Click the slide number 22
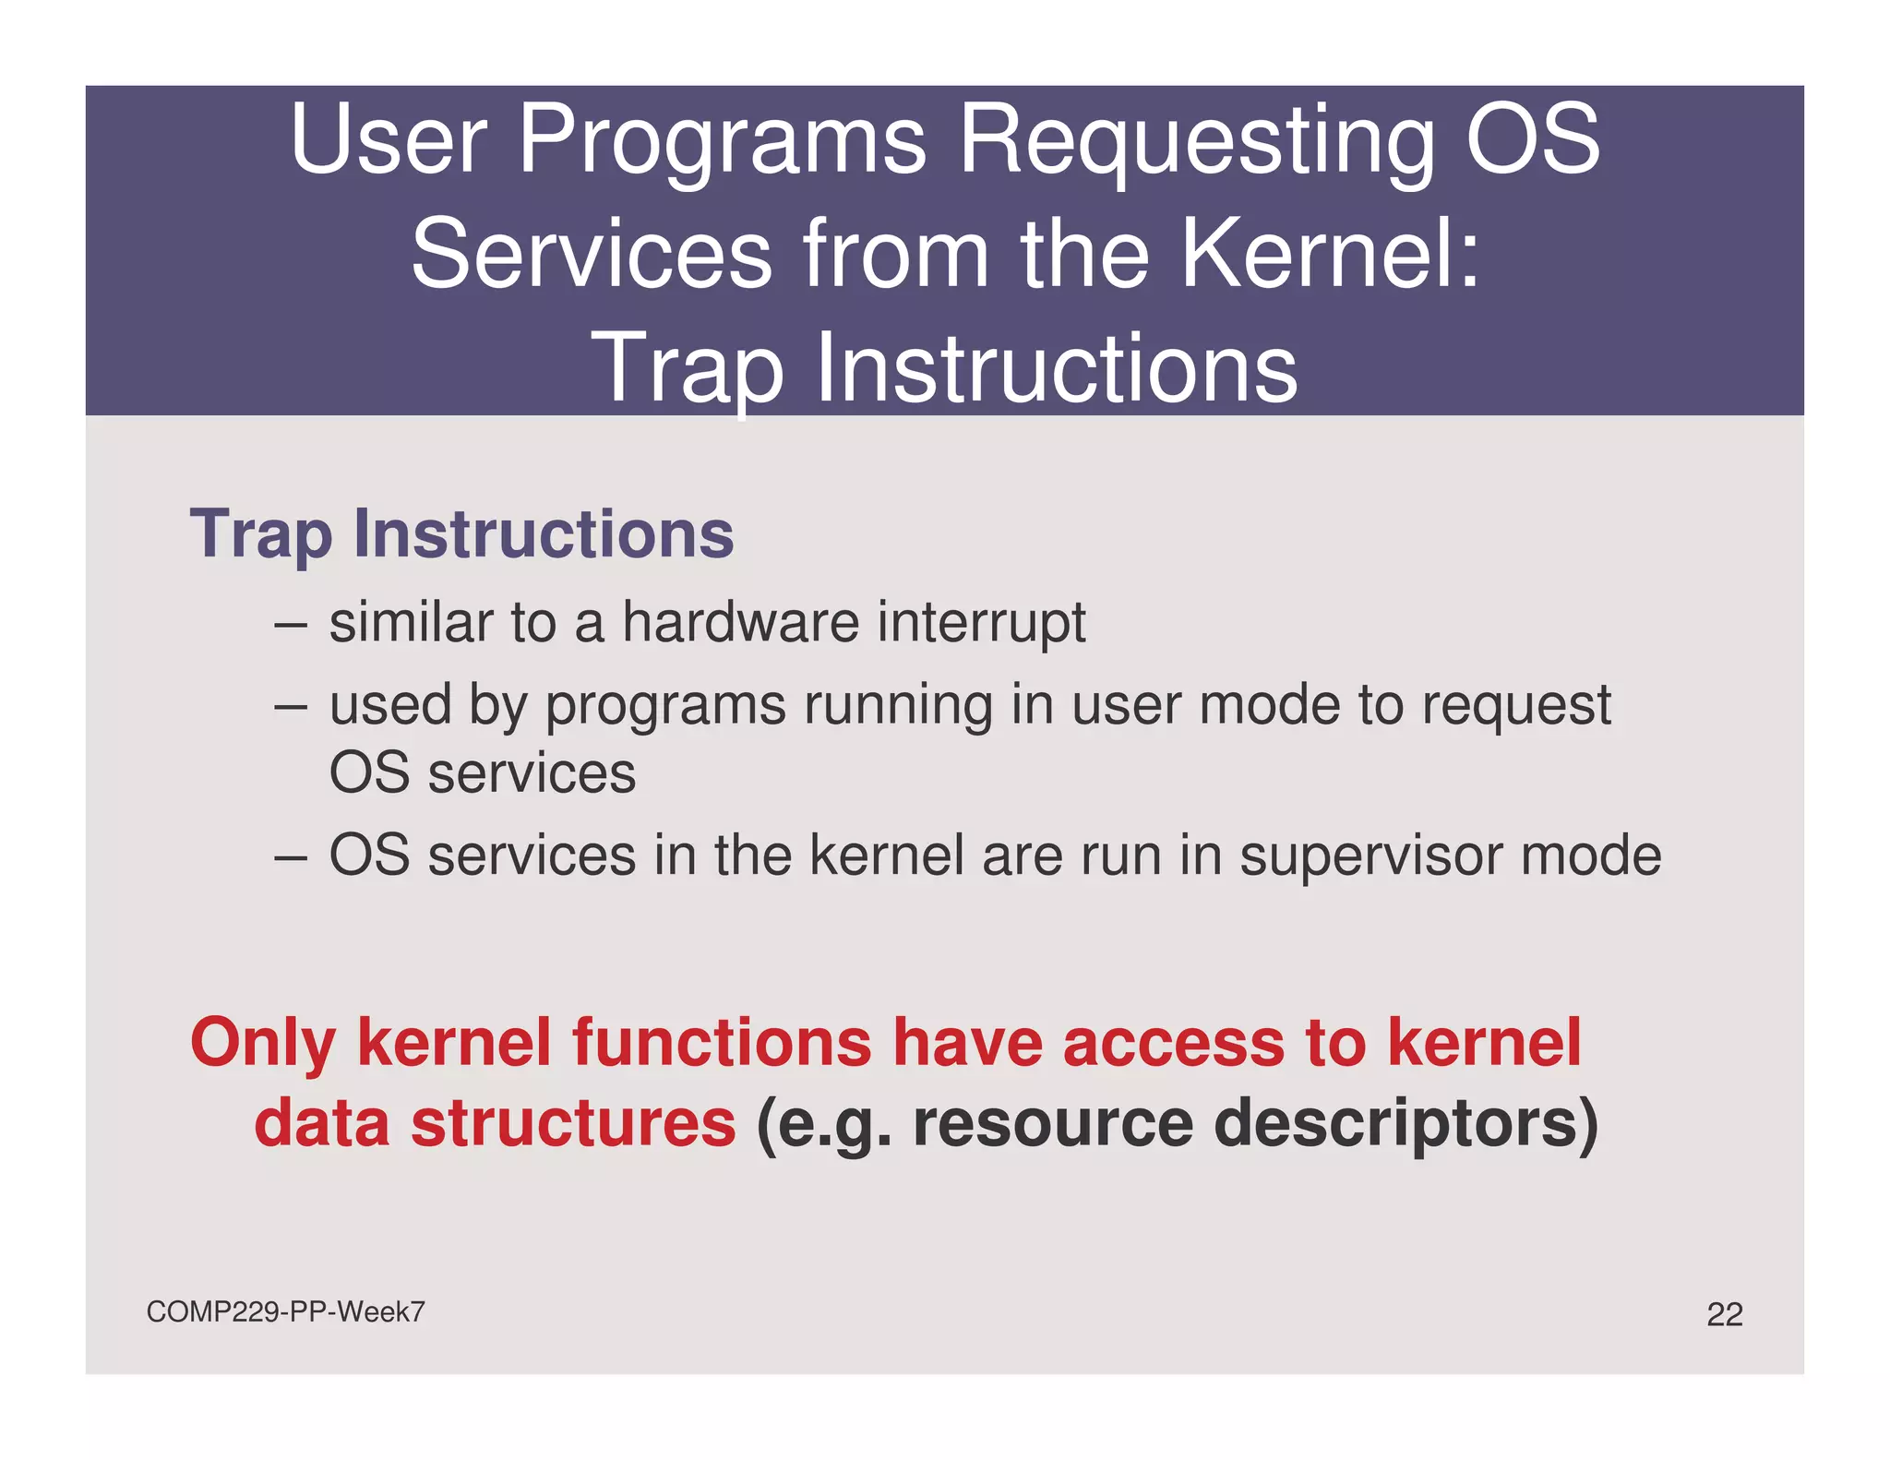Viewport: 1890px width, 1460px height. pos(1724,1314)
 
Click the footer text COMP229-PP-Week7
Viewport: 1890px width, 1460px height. pos(285,1311)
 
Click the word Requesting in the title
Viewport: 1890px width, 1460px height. pos(1197,140)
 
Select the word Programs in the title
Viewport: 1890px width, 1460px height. pos(722,140)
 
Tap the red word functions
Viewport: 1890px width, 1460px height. pos(722,1043)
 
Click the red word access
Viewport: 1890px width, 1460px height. pos(1173,1043)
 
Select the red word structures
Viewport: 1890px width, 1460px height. pos(572,1123)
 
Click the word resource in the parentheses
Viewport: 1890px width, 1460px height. pos(1053,1125)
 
